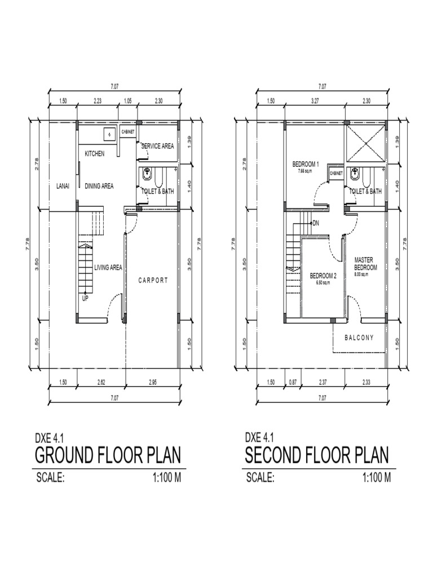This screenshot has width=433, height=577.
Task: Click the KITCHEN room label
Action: pos(95,154)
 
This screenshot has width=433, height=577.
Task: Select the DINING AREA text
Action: pos(99,186)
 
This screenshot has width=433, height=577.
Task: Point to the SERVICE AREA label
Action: pos(158,146)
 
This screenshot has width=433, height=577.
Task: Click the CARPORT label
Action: pos(153,280)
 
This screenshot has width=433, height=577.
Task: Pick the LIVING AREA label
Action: pos(108,268)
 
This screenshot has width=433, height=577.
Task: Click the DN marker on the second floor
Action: pos(316,223)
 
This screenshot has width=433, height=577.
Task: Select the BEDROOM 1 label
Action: pos(306,165)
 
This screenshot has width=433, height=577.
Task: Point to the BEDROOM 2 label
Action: pos(323,276)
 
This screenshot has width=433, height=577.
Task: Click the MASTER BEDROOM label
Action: pos(365,264)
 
